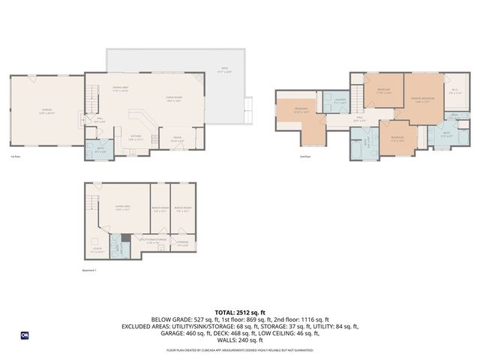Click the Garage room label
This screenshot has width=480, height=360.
click(46, 112)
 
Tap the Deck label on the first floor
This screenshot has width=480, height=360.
click(223, 71)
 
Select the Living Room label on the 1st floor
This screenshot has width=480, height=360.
click(175, 98)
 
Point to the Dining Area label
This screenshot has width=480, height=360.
click(121, 89)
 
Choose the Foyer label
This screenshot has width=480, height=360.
click(178, 139)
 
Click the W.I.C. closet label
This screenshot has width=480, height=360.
click(454, 91)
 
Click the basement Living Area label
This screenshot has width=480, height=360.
click(124, 209)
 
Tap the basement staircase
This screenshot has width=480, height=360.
click(91, 202)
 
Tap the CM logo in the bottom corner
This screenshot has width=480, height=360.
click(24, 335)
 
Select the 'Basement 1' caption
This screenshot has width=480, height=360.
click(91, 270)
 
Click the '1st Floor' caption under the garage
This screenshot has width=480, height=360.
click(15, 157)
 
